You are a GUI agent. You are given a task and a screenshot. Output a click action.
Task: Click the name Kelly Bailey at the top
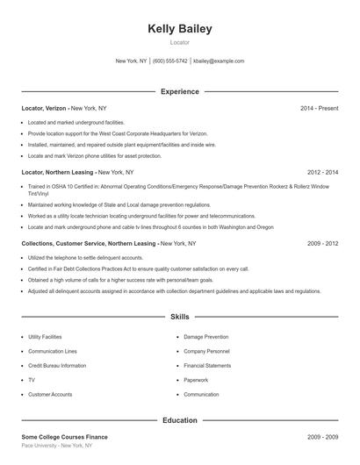coord(180,29)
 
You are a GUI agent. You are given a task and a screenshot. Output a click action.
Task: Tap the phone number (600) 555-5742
coord(170,61)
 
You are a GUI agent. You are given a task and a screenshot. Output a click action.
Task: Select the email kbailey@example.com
coord(219,61)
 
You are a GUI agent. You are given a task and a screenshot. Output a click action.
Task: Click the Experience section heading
coord(180,91)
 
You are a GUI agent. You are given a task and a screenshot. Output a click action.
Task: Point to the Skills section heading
coord(180,316)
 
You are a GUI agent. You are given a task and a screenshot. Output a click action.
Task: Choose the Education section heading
coord(180,420)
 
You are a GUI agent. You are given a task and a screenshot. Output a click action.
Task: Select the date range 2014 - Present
coord(319,108)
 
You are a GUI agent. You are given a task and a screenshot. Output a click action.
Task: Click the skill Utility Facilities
coord(45,337)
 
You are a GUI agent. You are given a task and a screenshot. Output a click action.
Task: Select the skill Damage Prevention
coord(205,337)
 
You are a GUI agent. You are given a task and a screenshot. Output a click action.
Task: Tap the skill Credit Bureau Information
coord(57,366)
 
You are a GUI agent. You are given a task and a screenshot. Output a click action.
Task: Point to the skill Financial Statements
coord(207,366)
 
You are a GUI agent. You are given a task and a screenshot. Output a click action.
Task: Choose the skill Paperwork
coord(196,380)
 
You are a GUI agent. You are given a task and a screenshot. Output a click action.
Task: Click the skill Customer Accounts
coord(50,395)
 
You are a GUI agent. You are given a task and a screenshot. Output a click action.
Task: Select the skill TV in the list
coord(32,380)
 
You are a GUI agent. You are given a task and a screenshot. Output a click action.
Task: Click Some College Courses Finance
coord(65,436)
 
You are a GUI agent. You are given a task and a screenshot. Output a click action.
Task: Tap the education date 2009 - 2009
coord(322,436)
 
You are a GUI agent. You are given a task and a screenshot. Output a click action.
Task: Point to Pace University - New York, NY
coord(56,446)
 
